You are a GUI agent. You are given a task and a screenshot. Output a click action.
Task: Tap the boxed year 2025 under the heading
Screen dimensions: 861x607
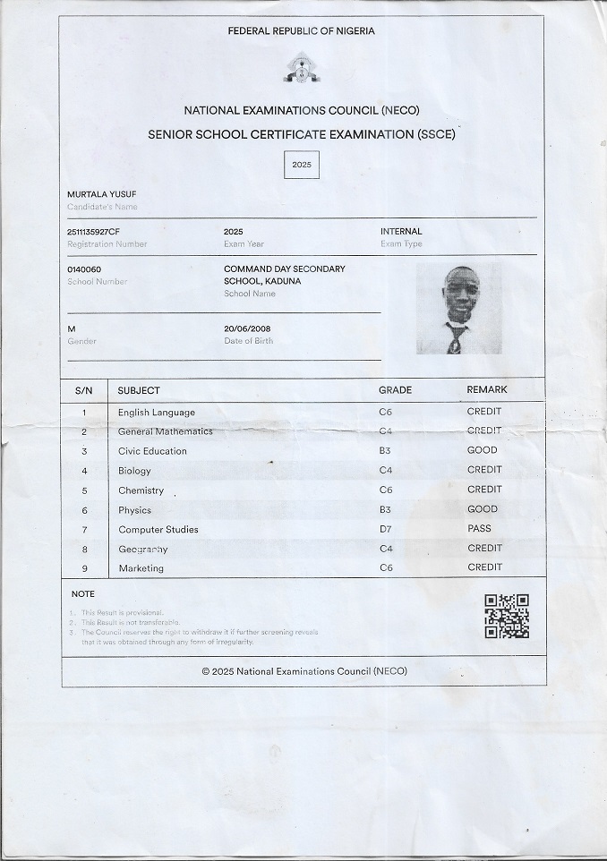pos(302,166)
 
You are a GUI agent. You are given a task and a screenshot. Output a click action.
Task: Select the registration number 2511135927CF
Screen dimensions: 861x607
pos(93,232)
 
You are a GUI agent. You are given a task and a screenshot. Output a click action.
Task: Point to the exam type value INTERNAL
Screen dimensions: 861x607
pos(401,232)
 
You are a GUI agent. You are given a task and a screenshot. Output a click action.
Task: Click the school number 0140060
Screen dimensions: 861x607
pos(84,269)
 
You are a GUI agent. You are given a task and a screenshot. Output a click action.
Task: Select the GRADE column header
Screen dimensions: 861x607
pos(395,390)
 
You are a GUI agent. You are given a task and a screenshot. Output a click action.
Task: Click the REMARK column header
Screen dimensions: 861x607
pos(487,390)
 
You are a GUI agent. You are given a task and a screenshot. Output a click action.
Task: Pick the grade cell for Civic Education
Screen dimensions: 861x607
pos(385,451)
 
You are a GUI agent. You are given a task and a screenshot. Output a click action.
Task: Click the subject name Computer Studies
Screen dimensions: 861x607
pos(158,529)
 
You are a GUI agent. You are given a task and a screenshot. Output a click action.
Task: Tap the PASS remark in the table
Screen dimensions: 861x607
pos(479,529)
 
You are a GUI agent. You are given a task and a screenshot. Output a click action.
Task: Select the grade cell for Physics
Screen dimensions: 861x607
pos(385,509)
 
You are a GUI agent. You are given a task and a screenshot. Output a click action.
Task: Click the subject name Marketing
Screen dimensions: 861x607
pos(141,568)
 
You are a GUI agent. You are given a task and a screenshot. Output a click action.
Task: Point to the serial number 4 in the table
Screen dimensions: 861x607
pos(84,471)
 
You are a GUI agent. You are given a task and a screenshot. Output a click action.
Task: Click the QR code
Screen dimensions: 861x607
pos(507,617)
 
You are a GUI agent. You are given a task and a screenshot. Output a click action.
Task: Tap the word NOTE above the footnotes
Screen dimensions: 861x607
pos(83,594)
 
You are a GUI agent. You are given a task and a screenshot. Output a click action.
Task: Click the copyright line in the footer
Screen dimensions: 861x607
pos(304,671)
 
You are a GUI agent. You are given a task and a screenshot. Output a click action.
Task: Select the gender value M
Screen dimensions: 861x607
pos(72,329)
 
